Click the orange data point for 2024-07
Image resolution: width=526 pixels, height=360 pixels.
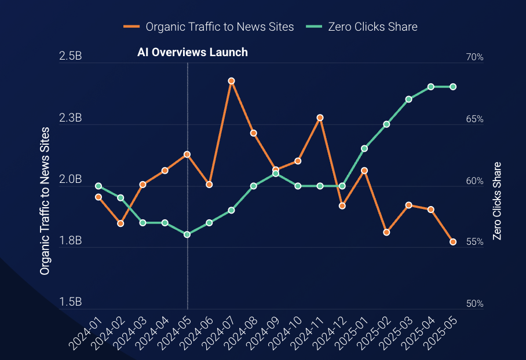click(231, 81)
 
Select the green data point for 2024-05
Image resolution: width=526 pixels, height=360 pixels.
click(187, 234)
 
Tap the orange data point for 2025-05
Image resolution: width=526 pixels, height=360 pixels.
click(453, 242)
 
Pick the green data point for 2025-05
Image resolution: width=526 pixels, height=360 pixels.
click(453, 87)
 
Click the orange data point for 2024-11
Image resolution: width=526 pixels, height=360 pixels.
click(320, 117)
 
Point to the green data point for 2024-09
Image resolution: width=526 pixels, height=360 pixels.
click(276, 174)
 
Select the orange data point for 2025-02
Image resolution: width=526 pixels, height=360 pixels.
click(386, 232)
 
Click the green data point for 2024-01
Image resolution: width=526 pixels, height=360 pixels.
click(98, 186)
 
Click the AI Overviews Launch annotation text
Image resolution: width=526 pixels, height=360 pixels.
click(192, 53)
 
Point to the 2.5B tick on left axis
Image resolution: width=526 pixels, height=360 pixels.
click(70, 57)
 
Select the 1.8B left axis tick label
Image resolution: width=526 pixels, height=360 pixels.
click(70, 241)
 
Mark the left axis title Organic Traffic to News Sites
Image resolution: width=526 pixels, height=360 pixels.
click(45, 200)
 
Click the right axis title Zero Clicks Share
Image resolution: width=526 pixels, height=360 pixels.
click(496, 201)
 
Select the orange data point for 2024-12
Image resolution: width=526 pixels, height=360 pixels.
click(342, 205)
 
